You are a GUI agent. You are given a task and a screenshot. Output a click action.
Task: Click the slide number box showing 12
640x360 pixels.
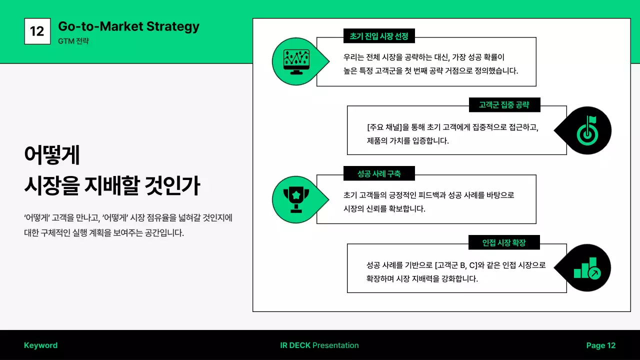[37, 31]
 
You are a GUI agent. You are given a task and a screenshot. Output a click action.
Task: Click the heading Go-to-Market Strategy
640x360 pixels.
[128, 26]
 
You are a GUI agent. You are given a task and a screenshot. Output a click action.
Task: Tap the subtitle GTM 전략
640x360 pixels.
[73, 41]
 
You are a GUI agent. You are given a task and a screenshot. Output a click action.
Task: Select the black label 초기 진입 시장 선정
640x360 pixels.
[379, 36]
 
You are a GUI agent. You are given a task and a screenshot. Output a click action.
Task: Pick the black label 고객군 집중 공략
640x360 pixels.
[504, 105]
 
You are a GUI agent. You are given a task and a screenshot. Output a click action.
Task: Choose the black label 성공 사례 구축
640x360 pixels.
[379, 173]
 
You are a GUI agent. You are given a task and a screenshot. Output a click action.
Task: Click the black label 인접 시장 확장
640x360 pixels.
[504, 242]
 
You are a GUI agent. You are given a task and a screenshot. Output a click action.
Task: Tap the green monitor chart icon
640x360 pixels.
[295, 61]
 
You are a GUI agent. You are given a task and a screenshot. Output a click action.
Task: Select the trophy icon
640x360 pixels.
[295, 199]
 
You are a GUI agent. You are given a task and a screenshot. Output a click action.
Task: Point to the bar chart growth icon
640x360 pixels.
[586, 268]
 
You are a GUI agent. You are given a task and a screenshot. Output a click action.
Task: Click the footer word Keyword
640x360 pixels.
[40, 345]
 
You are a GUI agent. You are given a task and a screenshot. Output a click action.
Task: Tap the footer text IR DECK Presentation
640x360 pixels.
[319, 345]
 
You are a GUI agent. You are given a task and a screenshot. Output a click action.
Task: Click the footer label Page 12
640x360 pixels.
[600, 345]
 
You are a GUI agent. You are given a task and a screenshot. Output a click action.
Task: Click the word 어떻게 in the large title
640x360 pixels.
[52, 155]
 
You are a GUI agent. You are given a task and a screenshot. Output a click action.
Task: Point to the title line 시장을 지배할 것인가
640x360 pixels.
[112, 185]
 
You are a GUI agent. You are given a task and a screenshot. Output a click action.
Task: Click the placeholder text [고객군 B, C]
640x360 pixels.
[456, 265]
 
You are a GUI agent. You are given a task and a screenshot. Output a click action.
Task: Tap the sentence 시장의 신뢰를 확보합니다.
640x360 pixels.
[384, 208]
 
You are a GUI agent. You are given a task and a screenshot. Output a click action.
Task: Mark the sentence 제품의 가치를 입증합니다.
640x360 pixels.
[407, 140]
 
